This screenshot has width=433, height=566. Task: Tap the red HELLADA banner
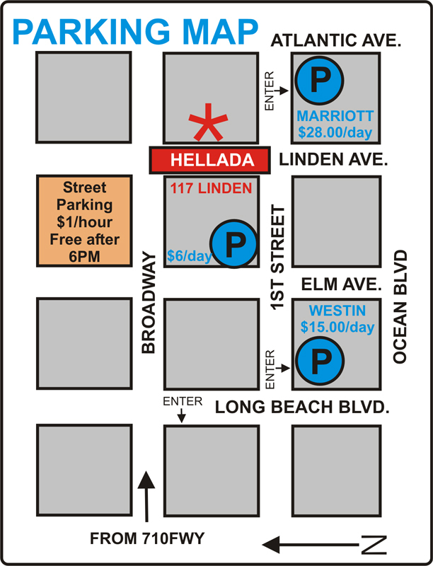tap(209, 160)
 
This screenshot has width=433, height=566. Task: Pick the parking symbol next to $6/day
tap(235, 245)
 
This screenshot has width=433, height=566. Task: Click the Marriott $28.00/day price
tap(335, 132)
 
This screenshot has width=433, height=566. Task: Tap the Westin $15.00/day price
tap(337, 328)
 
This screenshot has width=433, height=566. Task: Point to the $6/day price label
tap(189, 256)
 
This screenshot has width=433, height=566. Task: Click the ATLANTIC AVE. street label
tap(337, 42)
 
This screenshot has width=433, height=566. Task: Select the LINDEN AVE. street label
tap(334, 160)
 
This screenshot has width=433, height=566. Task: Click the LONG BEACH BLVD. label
tap(304, 408)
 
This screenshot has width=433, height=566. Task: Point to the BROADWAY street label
tap(148, 302)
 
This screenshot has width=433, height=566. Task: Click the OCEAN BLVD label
tap(401, 306)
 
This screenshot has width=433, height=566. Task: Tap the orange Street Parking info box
tap(83, 221)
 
